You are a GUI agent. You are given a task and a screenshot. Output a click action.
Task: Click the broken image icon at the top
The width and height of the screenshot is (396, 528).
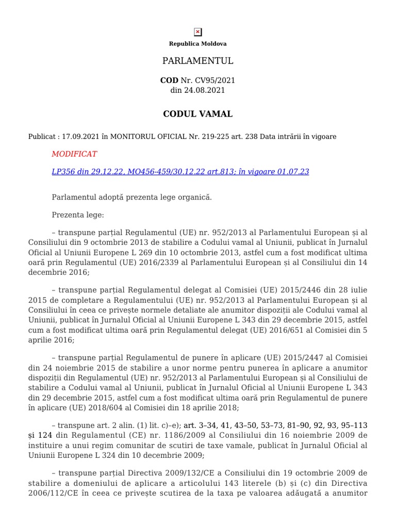pos(198,32)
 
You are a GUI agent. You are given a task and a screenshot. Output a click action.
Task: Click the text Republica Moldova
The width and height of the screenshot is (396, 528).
pos(198,44)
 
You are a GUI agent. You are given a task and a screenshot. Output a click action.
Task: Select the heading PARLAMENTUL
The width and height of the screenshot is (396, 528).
pos(198,61)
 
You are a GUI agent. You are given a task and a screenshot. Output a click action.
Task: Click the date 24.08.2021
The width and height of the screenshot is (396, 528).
pos(206,90)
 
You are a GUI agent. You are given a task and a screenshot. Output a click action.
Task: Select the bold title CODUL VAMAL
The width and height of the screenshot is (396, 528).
pos(198,114)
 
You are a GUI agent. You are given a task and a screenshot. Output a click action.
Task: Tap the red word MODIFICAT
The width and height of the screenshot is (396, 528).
pos(74,154)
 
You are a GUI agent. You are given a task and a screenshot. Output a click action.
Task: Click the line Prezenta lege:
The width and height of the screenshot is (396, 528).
pos(78,214)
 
